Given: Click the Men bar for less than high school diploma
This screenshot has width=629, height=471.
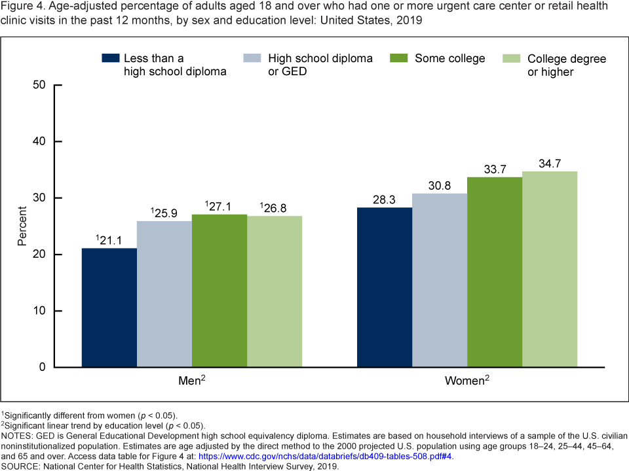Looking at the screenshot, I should pyautogui.click(x=109, y=307).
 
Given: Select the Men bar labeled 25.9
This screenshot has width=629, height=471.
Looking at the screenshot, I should pyautogui.click(x=164, y=294).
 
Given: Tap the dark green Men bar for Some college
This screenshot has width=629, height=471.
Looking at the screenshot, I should pyautogui.click(x=219, y=290).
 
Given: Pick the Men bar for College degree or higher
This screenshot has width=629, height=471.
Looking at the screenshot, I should pyautogui.click(x=275, y=291).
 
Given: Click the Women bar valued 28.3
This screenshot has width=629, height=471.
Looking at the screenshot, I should pyautogui.click(x=385, y=287).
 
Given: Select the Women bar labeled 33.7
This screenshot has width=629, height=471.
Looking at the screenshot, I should pyautogui.click(x=495, y=272).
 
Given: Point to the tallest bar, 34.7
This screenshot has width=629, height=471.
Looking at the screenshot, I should pyautogui.click(x=550, y=269).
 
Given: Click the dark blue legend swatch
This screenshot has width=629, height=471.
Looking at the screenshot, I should pyautogui.click(x=111, y=58).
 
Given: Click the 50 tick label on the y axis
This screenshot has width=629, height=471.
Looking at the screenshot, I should pyautogui.click(x=39, y=85).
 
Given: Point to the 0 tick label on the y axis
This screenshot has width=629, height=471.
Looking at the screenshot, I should pyautogui.click(x=43, y=367).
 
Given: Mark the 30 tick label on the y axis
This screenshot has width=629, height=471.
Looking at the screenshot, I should pyautogui.click(x=39, y=198).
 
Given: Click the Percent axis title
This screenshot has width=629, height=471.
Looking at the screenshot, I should pyautogui.click(x=22, y=226).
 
